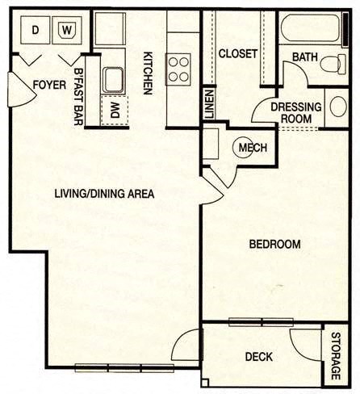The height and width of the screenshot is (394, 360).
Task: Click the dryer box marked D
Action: [35, 30]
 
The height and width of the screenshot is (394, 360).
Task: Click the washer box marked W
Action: [66, 31]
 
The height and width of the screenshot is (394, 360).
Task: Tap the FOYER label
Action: [48, 85]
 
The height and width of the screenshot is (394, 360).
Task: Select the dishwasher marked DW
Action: [115, 111]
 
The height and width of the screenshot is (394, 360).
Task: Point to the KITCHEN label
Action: [149, 75]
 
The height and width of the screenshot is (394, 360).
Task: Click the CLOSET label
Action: [238, 54]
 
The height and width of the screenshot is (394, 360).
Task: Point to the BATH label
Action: [304, 57]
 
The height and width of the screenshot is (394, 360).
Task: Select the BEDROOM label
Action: [274, 244]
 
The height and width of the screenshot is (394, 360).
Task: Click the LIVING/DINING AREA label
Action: [104, 194]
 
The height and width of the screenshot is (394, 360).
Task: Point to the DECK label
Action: [258, 356]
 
